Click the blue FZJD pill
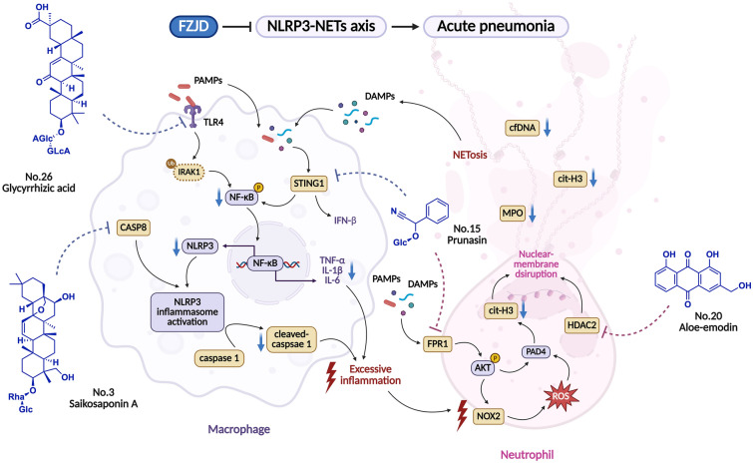pos(193,26)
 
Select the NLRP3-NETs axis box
pos(321,26)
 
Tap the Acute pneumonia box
pos(496,26)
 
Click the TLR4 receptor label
pos(213,122)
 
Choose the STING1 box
pos(309,184)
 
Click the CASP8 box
pos(134,228)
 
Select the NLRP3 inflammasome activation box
pos(188,311)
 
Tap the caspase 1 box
pos(219,358)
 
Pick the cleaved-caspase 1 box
pos(292,339)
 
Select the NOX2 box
pos(489,416)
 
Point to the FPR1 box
pos(438,344)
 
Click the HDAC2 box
pos(581,325)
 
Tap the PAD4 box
pos(536,351)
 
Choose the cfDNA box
pos(522,129)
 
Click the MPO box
pos(513,213)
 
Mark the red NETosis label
pos(470,155)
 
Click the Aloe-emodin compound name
pos(708,327)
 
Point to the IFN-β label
pos(345,221)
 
